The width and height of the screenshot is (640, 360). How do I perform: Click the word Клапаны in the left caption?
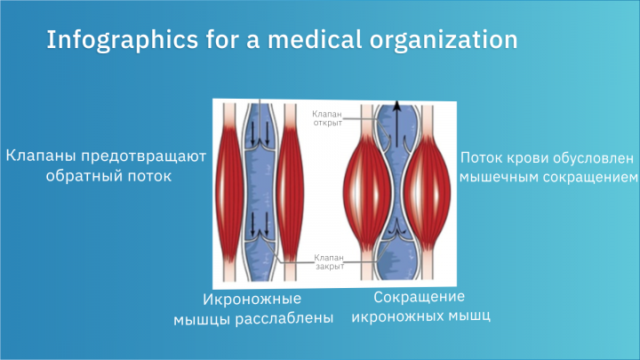(37, 157)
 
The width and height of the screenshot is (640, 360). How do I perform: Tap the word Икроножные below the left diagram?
(252, 299)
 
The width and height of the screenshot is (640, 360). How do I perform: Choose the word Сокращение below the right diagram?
(420, 296)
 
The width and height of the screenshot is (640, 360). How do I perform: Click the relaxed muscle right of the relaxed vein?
(292, 187)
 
